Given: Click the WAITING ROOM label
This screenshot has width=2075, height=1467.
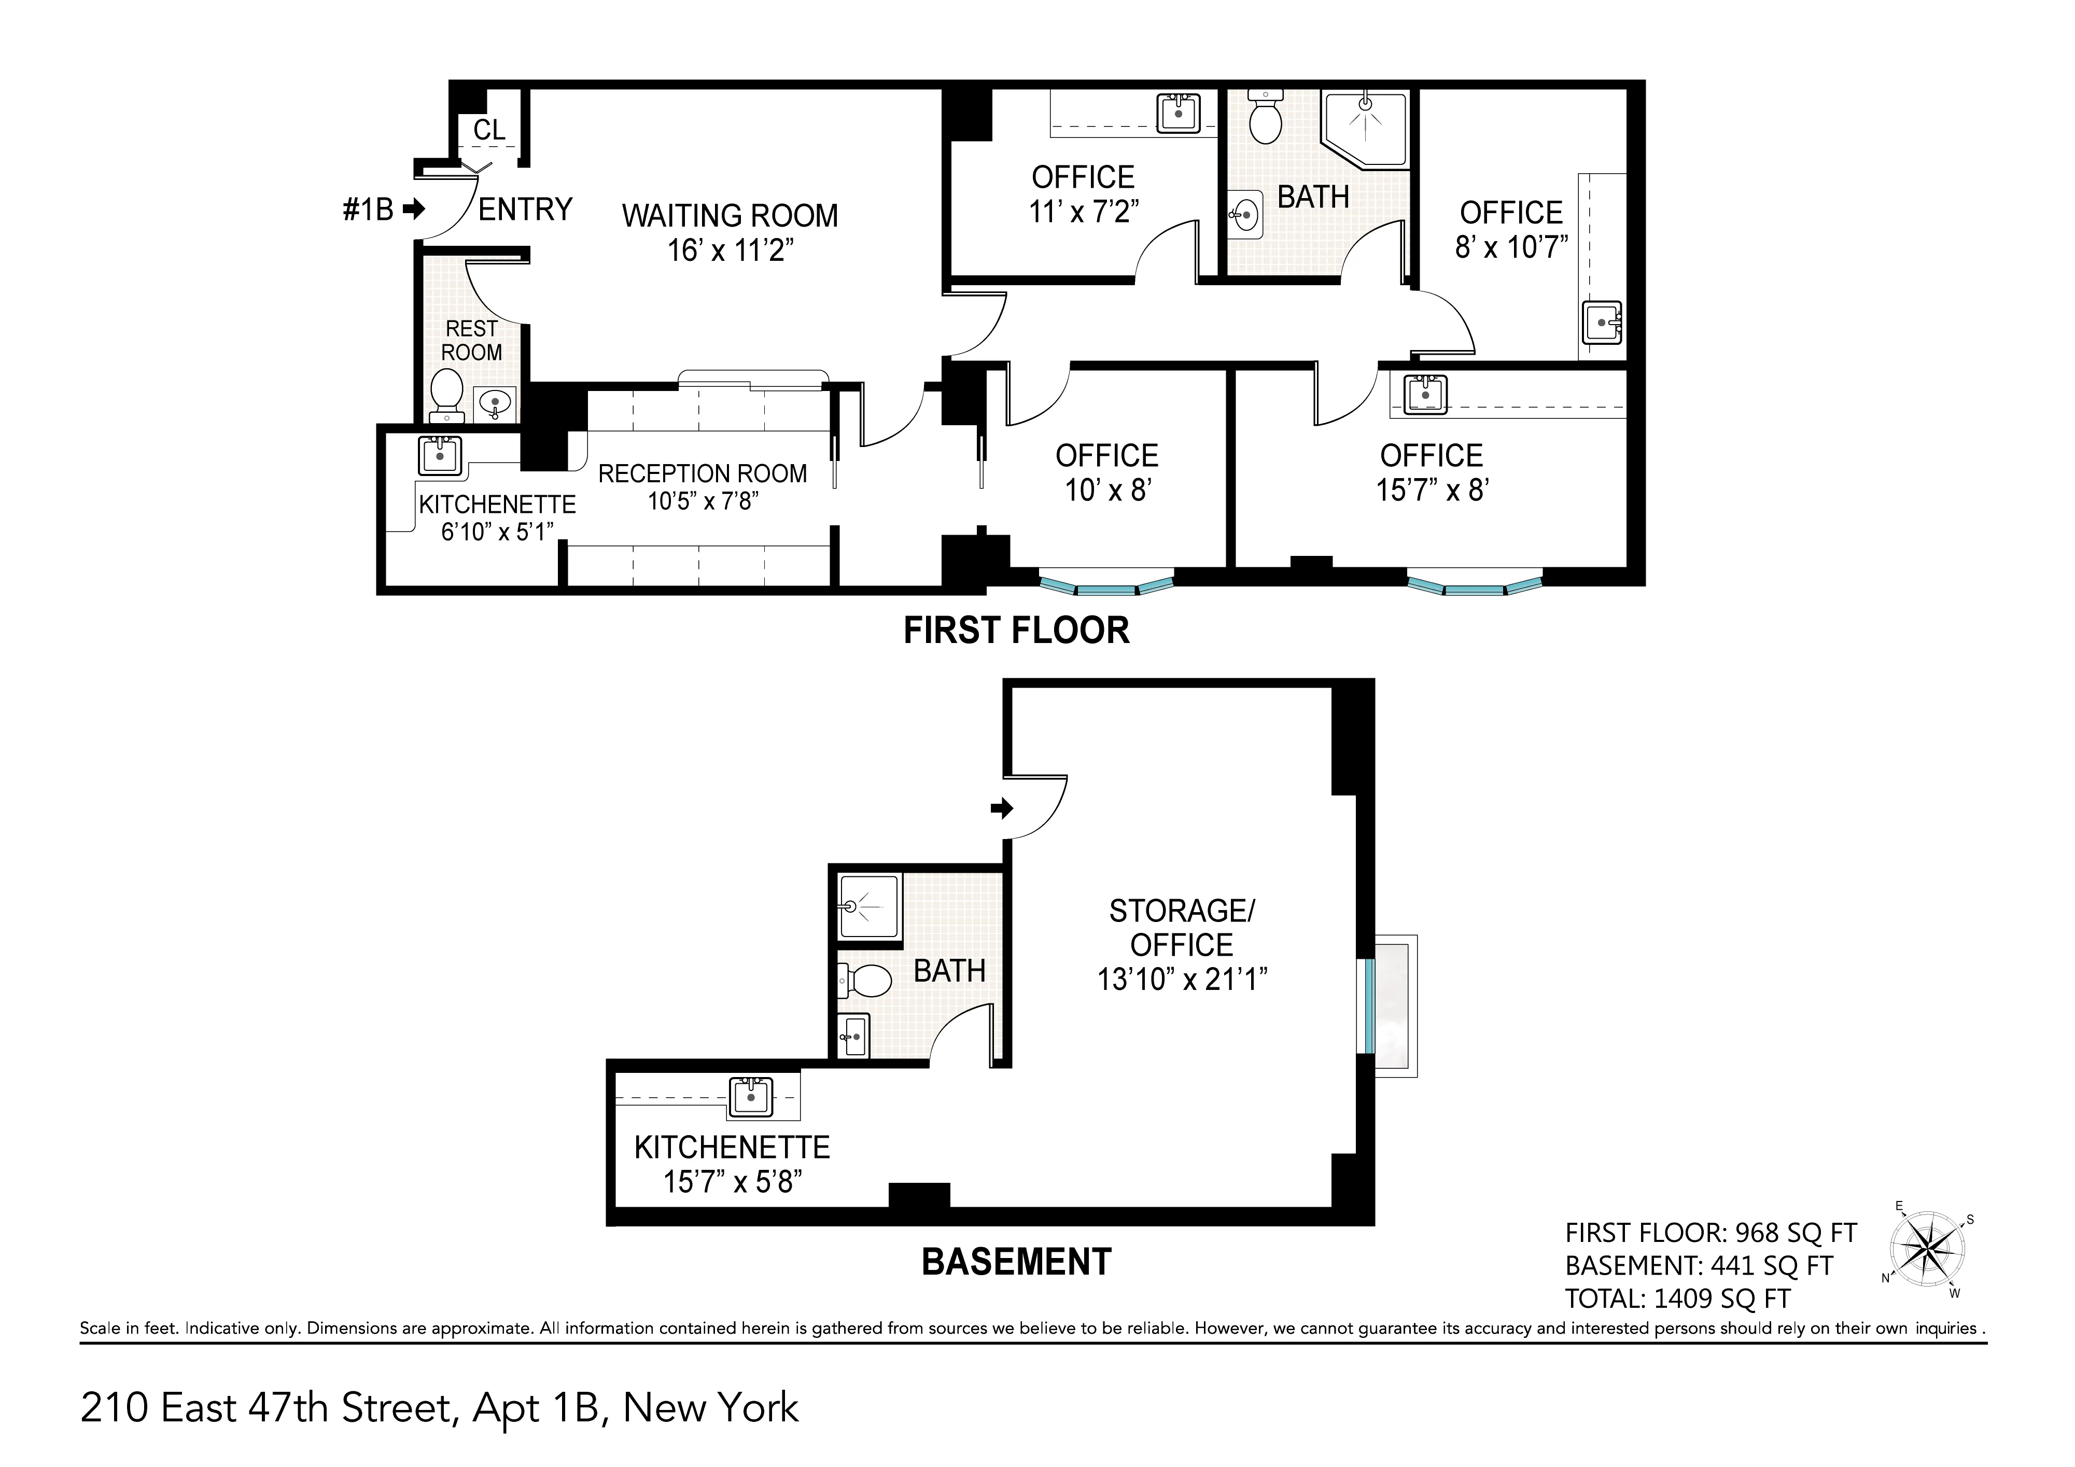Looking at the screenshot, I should [730, 216].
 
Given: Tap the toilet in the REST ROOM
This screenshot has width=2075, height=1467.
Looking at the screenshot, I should [446, 395].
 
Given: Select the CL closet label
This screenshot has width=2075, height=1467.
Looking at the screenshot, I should [489, 130].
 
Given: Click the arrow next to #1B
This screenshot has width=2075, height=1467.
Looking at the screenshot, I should [414, 209].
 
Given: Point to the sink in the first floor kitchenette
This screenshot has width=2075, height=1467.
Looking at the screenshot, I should [440, 456].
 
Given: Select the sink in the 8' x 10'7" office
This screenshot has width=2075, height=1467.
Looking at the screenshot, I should [1602, 322].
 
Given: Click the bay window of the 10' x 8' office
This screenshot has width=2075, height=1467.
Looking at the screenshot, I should [1106, 586].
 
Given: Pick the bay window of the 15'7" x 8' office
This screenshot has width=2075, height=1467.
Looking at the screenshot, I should [1474, 586].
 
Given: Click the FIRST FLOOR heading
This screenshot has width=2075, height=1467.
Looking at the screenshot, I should [1016, 630].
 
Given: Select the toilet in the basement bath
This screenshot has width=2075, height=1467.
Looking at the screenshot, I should [867, 980].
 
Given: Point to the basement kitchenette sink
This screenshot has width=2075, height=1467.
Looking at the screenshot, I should [751, 1096].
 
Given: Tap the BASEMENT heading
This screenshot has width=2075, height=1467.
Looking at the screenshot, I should [1016, 1262].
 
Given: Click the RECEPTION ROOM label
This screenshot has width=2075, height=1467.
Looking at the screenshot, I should [702, 473].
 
